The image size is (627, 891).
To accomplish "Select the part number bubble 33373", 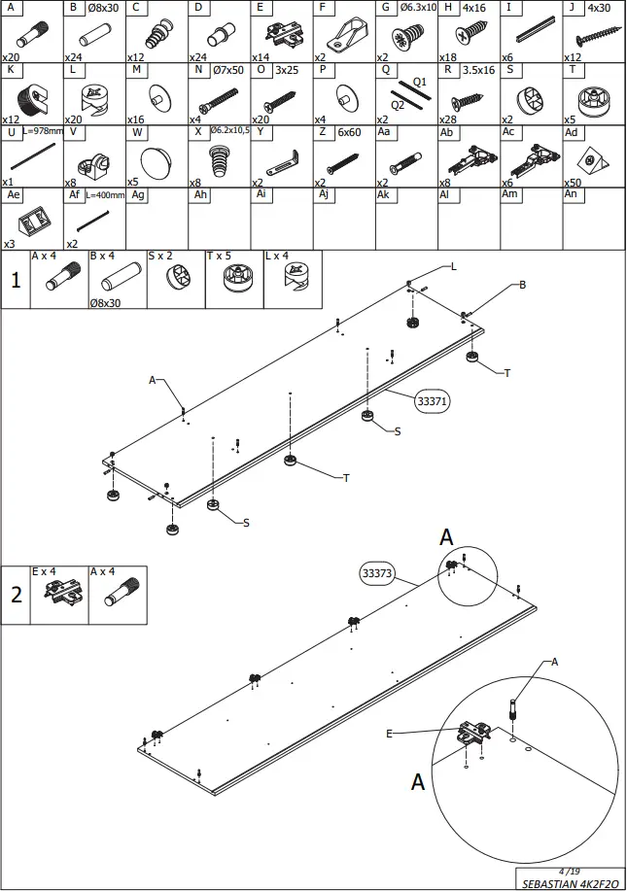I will tap(376, 573).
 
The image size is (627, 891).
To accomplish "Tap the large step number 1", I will tap(16, 281).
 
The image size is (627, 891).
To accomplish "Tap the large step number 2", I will tap(16, 595).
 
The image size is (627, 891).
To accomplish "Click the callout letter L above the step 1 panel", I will tap(453, 265).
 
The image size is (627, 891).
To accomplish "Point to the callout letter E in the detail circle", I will tap(389, 734).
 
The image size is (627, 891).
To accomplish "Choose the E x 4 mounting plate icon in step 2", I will tap(59, 595).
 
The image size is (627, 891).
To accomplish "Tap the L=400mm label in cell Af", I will tap(105, 194).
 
